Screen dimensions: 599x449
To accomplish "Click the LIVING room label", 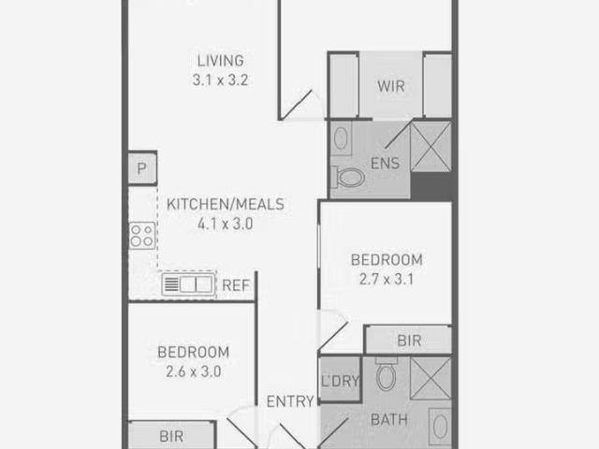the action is click(x=221, y=61).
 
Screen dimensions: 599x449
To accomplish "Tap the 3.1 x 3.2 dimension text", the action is click(x=221, y=80).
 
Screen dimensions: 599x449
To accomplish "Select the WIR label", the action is click(x=391, y=86).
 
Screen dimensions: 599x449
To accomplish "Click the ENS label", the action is click(x=385, y=164).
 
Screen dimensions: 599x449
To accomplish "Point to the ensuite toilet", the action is click(x=347, y=177).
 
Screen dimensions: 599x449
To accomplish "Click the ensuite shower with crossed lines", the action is click(x=431, y=147).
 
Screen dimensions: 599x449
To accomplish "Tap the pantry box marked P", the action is click(x=142, y=168).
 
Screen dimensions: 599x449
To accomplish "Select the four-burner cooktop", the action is click(x=142, y=236).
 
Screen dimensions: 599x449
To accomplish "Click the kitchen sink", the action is click(x=188, y=284).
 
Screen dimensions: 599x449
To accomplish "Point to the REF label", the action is click(x=236, y=285).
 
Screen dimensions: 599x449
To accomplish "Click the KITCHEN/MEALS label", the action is click(x=226, y=204).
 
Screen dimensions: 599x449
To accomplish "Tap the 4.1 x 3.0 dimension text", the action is click(x=226, y=224).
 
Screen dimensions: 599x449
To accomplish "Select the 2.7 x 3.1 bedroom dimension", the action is click(x=387, y=279).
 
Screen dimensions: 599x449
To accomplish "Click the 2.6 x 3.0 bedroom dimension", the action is click(x=194, y=371).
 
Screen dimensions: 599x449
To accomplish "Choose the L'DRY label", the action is click(x=340, y=381).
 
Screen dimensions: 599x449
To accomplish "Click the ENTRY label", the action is click(x=290, y=401).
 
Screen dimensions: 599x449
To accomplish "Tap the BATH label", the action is click(x=389, y=420).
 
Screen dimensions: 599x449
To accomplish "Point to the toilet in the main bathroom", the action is click(x=386, y=374).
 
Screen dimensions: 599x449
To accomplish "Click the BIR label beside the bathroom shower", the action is click(x=409, y=340).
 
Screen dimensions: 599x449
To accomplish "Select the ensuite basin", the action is click(x=341, y=138).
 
